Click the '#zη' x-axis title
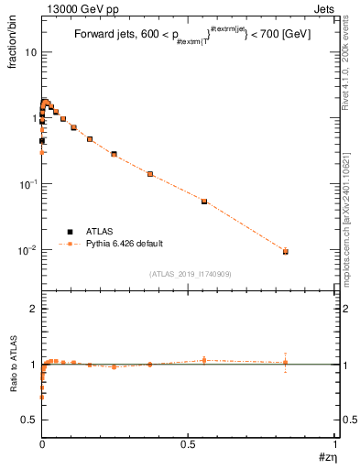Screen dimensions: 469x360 pos(325,456)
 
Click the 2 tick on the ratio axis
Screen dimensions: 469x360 pos(33,310)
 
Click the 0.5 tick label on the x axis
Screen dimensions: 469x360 pos(189,443)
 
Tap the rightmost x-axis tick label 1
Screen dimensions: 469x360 pos(335,443)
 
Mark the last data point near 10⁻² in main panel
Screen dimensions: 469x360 pos(286,250)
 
